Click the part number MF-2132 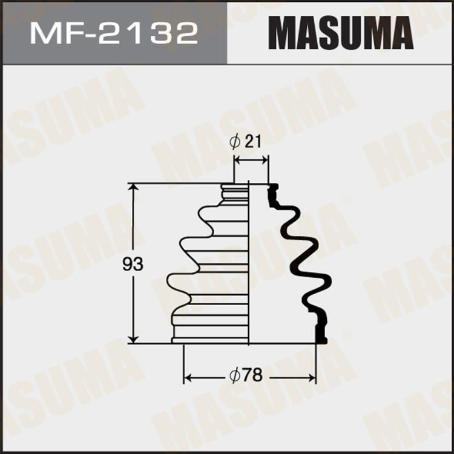(114, 33)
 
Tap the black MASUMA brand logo (340, 33)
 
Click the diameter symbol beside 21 (236, 142)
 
